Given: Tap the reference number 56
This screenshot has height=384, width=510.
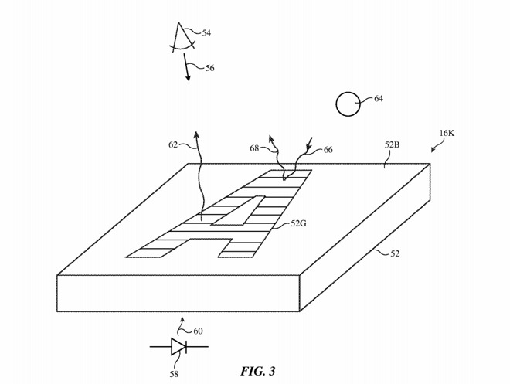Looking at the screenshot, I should pos(209,68).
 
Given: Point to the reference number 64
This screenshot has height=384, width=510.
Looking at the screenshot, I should pos(378,99).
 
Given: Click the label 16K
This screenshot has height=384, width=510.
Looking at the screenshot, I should pos(447,133).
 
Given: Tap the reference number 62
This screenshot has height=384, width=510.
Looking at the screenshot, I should pos(174,144).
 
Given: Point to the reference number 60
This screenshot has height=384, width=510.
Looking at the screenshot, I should pos(198,331).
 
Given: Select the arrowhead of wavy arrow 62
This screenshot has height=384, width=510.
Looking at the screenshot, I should pos(197,134).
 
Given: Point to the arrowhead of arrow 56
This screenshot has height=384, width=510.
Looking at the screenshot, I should pos(188,79).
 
